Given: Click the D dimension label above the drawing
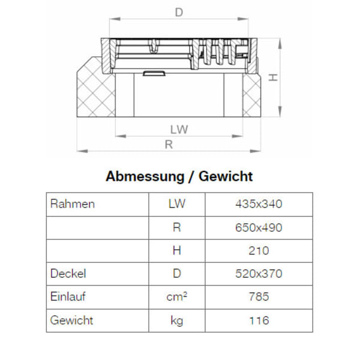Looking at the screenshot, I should tap(179, 12).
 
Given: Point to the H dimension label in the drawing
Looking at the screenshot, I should tap(272, 78).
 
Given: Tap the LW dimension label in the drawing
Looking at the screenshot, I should tap(179, 129).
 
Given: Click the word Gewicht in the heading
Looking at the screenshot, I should tap(226, 176).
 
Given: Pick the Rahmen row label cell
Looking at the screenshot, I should tap(73, 204).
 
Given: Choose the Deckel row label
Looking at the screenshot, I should tap(68, 274).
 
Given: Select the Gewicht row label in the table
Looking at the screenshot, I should tap(72, 320).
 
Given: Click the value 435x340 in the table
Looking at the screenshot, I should tap(259, 204).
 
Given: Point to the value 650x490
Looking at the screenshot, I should tap(259, 227).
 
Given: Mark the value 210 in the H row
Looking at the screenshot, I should tap(259, 251).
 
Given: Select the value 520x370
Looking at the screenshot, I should tap(259, 274).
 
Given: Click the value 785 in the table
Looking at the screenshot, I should tap(259, 297).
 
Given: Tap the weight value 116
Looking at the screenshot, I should tap(259, 320).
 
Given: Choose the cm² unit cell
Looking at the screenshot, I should tap(176, 297).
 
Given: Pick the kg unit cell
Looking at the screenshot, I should tap(176, 320).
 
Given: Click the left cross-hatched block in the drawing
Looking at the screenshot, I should tap(94, 90).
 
